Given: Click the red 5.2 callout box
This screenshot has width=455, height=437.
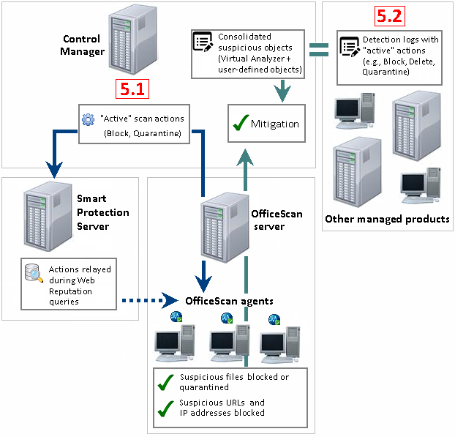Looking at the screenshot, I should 388,15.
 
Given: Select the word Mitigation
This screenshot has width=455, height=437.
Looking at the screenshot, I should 275,124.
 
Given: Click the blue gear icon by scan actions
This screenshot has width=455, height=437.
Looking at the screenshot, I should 88,119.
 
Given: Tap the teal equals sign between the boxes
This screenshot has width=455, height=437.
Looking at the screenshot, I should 317,50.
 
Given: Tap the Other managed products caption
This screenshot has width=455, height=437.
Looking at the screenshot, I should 387,218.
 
